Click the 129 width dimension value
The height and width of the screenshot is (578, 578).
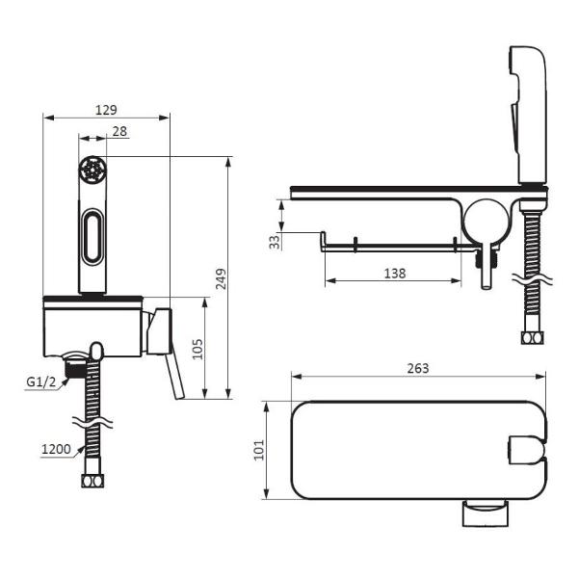106,110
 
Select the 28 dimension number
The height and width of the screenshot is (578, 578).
119,131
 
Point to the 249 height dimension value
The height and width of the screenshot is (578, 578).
222,278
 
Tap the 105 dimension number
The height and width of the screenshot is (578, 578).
197,349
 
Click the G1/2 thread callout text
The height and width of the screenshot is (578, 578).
40,382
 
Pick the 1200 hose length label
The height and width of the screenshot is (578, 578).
56,449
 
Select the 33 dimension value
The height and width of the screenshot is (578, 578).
275,242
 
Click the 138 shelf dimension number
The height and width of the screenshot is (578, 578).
395,274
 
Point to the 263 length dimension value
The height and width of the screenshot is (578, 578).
418,368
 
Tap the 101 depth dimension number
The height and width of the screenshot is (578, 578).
259,450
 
